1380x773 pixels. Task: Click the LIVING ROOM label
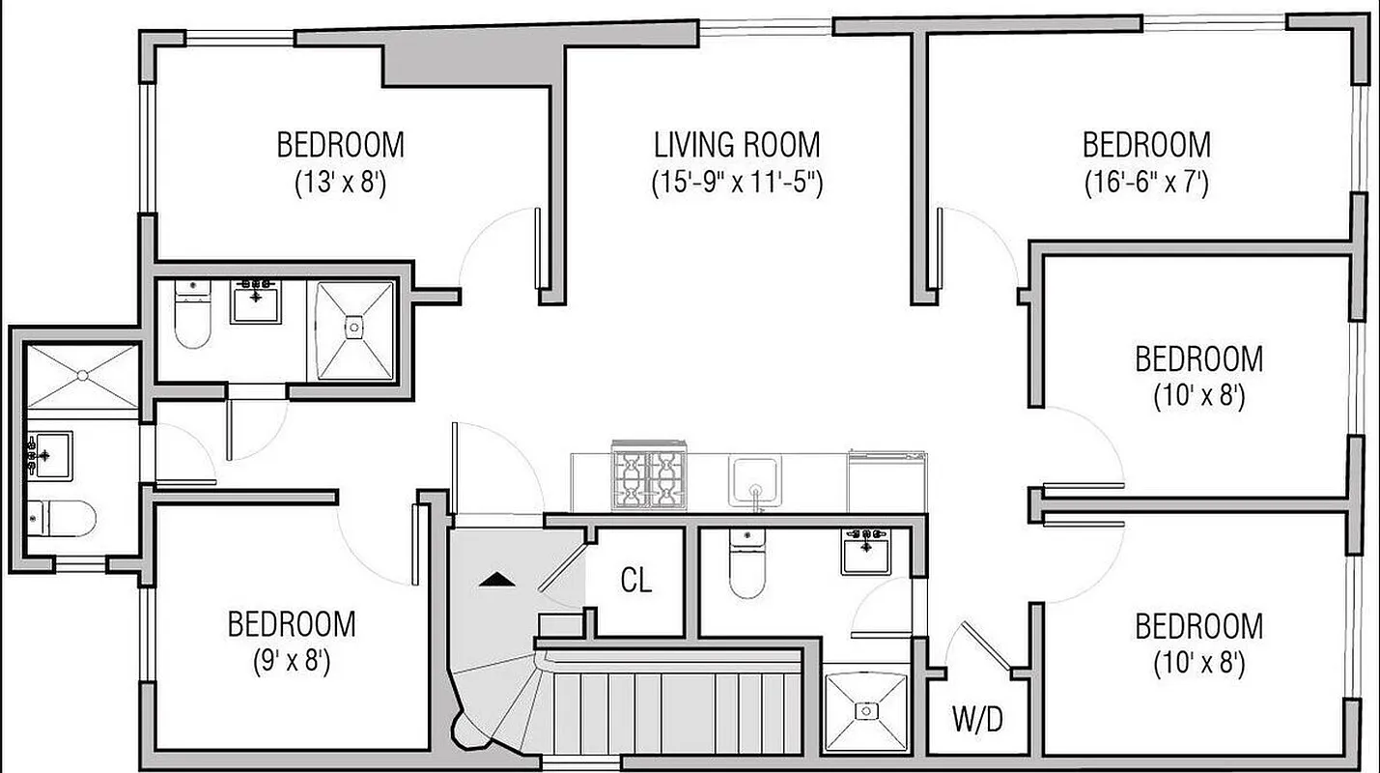(x=737, y=145)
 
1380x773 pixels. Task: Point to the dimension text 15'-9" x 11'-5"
(x=737, y=183)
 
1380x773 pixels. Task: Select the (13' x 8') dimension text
(x=340, y=183)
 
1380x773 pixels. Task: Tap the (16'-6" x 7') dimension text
(x=1145, y=183)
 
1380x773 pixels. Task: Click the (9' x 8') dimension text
(x=291, y=662)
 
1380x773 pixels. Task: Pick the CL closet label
(x=635, y=581)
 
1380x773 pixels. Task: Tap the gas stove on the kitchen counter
(x=649, y=476)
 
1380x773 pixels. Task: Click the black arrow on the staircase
(x=496, y=580)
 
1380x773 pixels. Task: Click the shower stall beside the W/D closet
(x=866, y=711)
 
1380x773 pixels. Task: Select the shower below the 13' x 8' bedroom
(x=355, y=329)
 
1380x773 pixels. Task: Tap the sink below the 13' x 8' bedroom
(x=256, y=301)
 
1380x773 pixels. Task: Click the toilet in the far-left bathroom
(x=61, y=519)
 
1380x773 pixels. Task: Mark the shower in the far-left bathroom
(x=81, y=375)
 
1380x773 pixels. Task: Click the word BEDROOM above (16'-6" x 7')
(x=1145, y=145)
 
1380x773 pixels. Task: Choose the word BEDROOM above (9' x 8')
(x=291, y=624)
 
